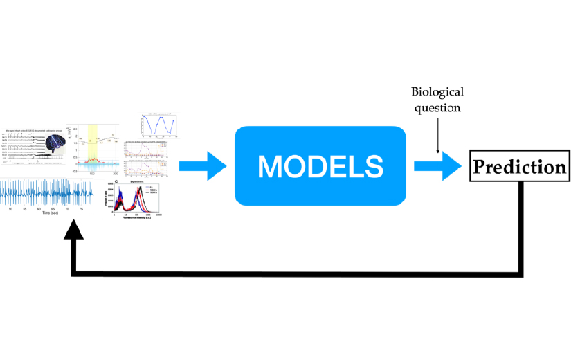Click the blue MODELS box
319,165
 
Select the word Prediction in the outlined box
518,167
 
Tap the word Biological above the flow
437,91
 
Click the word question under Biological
437,108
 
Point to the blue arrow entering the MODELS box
203,166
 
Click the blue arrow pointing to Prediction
438,166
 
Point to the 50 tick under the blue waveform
10,207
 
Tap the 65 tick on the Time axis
55,207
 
